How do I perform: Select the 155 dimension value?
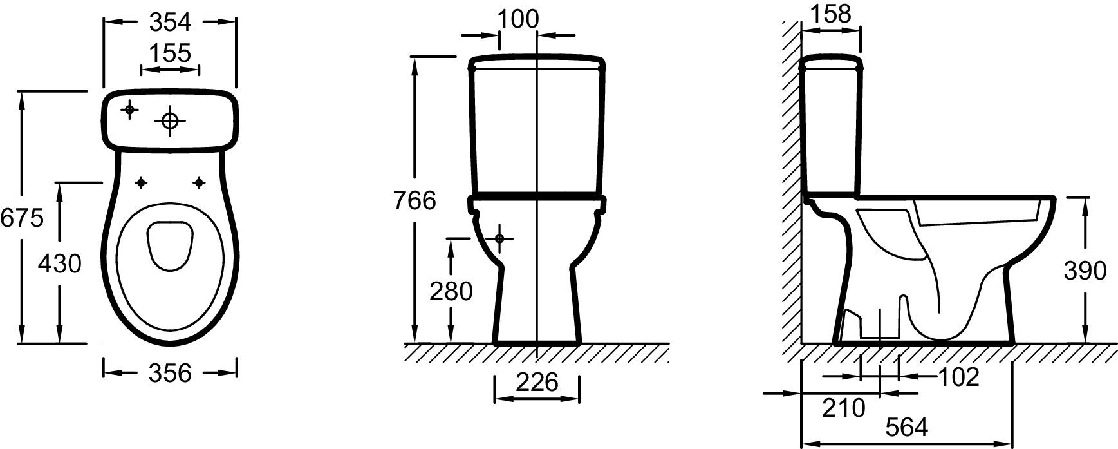point(170,53)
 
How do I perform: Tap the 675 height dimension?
point(21,218)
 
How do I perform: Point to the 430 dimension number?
point(60,263)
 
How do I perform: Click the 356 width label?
point(170,372)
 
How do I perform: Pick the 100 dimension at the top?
point(518,19)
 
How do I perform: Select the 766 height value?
point(415,201)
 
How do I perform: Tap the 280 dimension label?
point(451,291)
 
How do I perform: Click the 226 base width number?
point(537,383)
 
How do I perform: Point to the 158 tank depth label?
point(831,14)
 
